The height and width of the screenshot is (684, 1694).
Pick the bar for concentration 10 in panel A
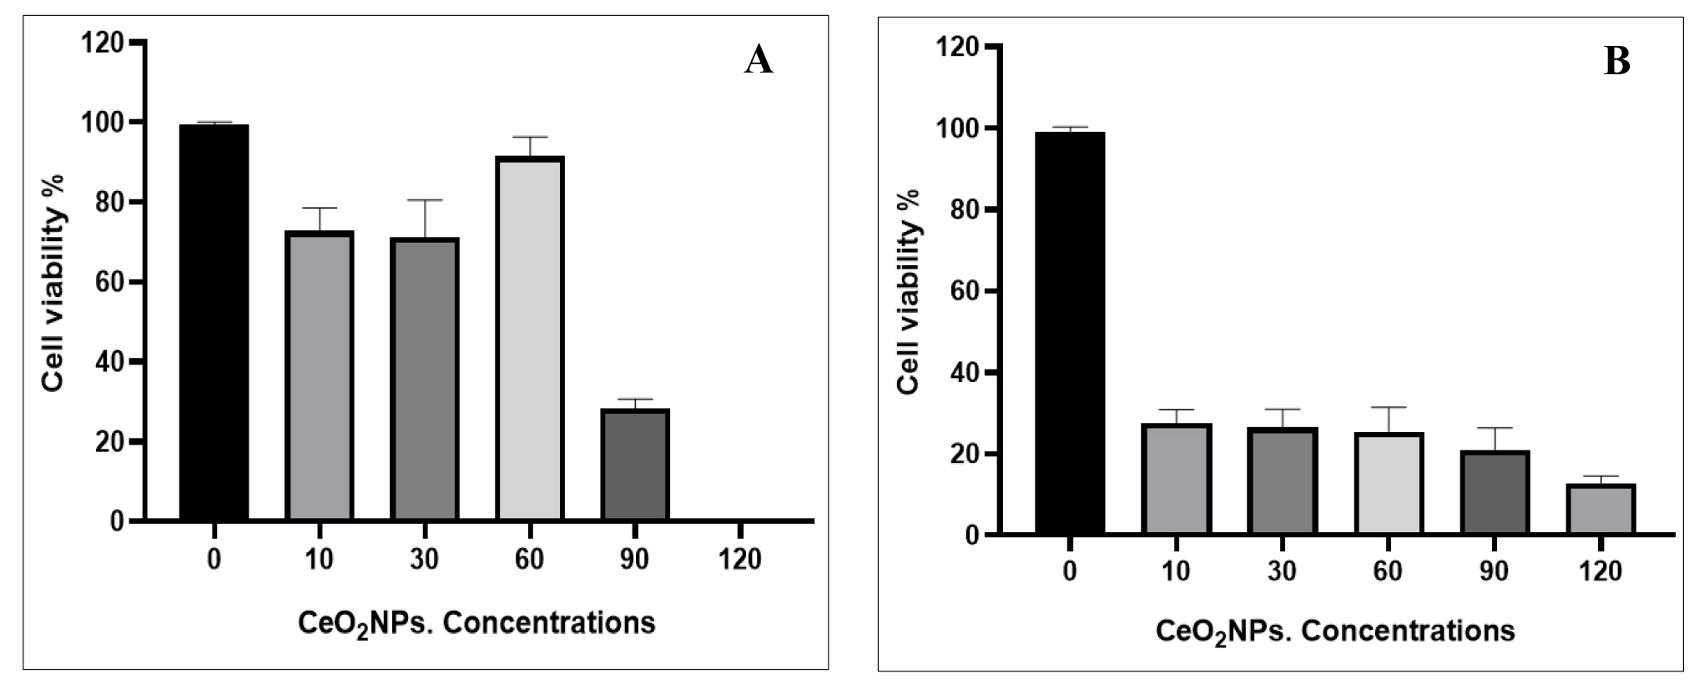[x=320, y=376]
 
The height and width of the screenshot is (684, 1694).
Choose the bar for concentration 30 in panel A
[x=425, y=380]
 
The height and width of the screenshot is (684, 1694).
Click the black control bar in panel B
[x=1070, y=333]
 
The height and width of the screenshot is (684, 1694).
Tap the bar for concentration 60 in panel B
[x=1389, y=484]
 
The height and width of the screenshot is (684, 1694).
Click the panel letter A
[x=759, y=60]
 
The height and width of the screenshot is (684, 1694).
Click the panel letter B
[x=1616, y=62]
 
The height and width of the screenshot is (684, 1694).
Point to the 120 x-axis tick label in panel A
[x=740, y=559]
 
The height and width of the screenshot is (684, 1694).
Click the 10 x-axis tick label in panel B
[x=1176, y=571]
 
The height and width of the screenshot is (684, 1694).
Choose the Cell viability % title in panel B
[x=909, y=292]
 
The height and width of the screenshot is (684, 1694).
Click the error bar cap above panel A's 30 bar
[x=425, y=200]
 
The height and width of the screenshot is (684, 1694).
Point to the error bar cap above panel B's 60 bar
[x=1389, y=407]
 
